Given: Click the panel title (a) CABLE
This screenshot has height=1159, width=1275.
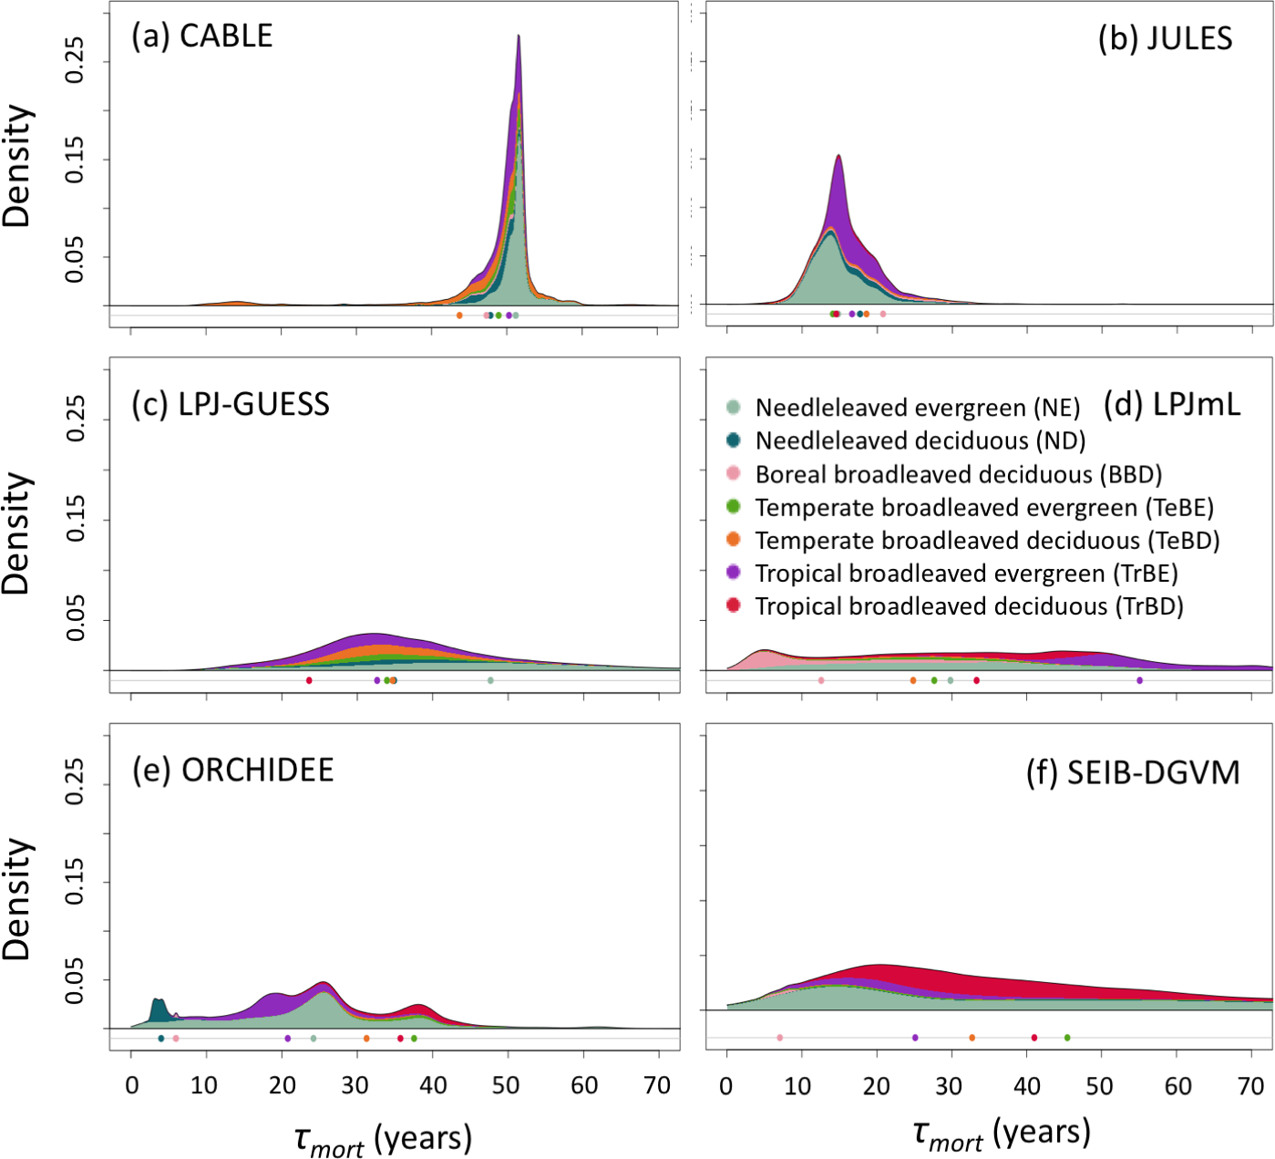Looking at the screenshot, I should pos(201,36).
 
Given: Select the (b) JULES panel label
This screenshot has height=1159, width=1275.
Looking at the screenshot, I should pos(1165,39).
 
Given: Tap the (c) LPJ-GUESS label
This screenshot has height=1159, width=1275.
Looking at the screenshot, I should pos(231,404).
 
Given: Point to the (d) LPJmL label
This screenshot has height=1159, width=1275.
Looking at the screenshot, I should pos(1171,405).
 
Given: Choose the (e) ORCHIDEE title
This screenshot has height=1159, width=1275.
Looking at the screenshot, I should pos(233,771).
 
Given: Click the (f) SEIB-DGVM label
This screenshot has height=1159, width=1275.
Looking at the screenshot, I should pos(1133,773).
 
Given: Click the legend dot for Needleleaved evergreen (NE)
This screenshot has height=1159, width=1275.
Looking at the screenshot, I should pos(734,408).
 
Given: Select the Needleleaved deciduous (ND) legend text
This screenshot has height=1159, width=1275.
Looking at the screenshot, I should pos(920,441).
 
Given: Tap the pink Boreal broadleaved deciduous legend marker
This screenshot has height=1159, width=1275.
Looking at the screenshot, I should pos(734,473).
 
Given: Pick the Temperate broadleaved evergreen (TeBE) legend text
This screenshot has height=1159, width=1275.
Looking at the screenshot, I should pos(984,508).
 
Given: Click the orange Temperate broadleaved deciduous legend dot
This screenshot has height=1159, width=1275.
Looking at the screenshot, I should pos(734,540).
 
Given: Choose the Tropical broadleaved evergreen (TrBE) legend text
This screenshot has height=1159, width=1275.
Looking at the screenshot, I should pos(966,574).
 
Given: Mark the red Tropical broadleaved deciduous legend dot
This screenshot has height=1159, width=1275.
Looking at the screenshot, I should pos(734,605).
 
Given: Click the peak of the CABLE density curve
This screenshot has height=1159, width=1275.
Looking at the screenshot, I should pos(519,36).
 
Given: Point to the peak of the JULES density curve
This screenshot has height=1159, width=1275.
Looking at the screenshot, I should pos(838,156).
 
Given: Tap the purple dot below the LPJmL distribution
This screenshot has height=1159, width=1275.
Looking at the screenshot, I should pos(1139,680).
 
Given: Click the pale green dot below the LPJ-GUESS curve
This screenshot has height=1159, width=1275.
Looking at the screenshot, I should pos(490,680).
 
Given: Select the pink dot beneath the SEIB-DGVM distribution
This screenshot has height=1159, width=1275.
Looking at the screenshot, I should pos(779,1038).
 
